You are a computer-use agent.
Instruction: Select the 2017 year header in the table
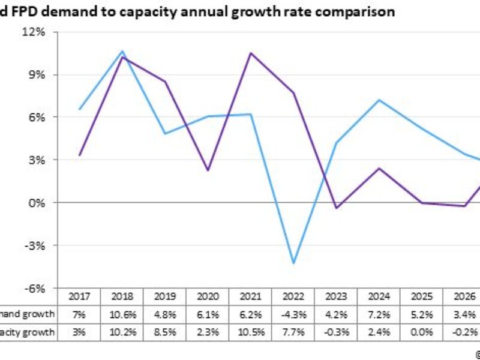click(x=80, y=296)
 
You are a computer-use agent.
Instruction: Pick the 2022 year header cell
click(x=290, y=296)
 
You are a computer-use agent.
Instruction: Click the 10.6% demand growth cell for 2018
click(x=122, y=313)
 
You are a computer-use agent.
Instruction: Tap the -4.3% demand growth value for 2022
click(x=290, y=313)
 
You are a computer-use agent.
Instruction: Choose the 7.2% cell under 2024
click(x=374, y=313)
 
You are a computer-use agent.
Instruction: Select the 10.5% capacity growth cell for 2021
click(x=248, y=331)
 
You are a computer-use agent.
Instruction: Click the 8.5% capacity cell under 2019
click(x=164, y=331)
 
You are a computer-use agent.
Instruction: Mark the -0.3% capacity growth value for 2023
click(x=332, y=331)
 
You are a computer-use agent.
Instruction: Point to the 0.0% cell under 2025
click(x=416, y=331)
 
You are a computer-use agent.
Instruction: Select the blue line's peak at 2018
click(x=122, y=52)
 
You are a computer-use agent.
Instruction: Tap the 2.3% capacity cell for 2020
click(x=206, y=331)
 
